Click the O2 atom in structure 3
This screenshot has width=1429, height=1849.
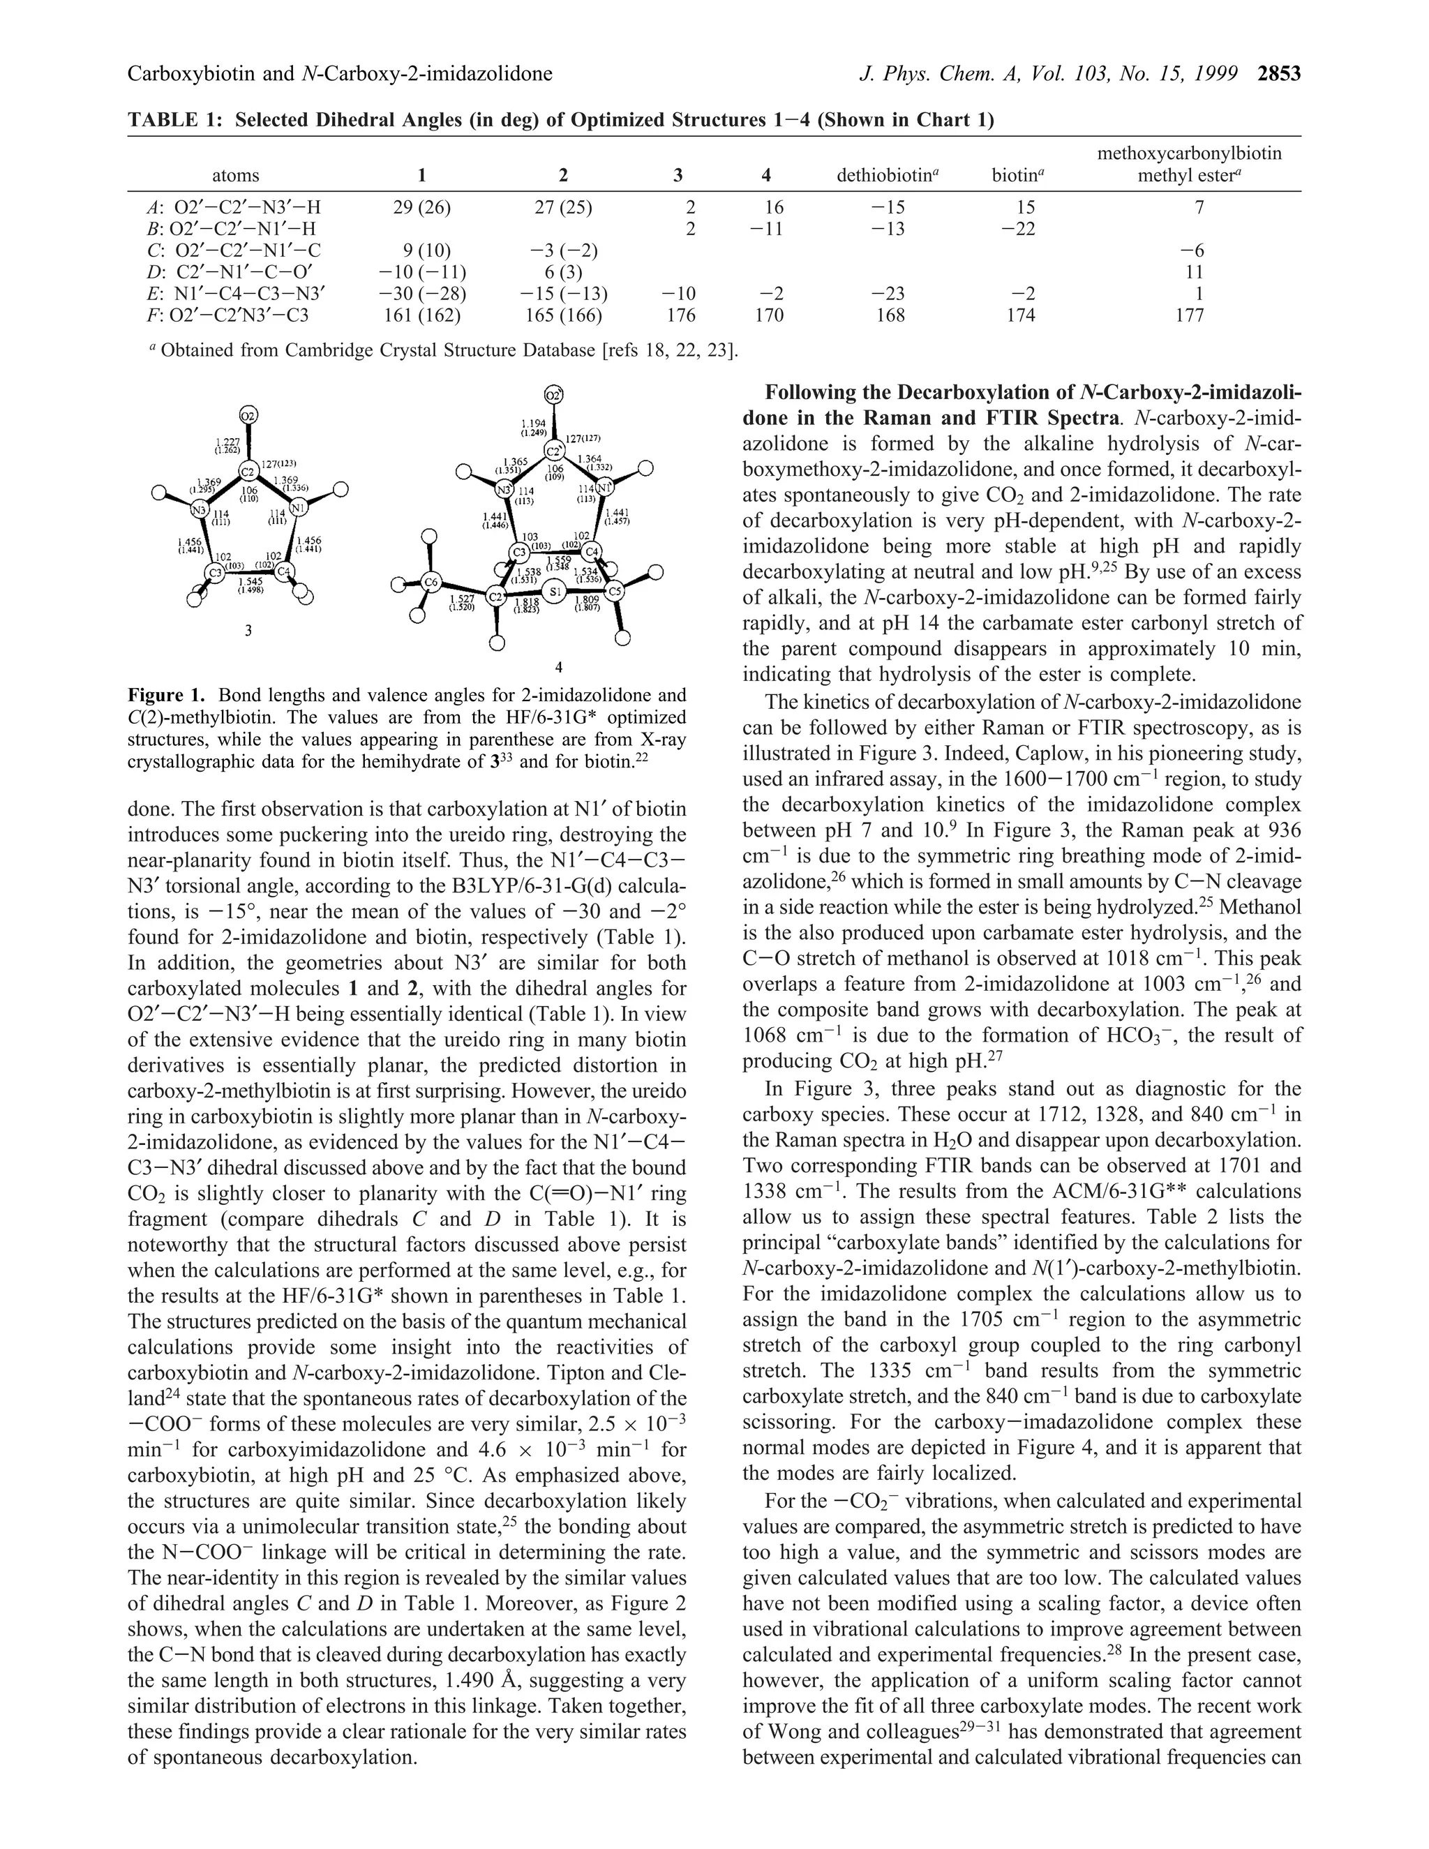[248, 416]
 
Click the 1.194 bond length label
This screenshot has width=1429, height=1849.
[533, 421]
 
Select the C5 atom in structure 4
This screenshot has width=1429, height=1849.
[615, 590]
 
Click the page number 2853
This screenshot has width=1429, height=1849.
[1278, 75]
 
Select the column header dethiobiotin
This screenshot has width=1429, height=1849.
[888, 175]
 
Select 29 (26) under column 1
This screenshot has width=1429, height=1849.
[421, 207]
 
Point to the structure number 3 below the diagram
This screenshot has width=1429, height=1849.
[248, 631]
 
